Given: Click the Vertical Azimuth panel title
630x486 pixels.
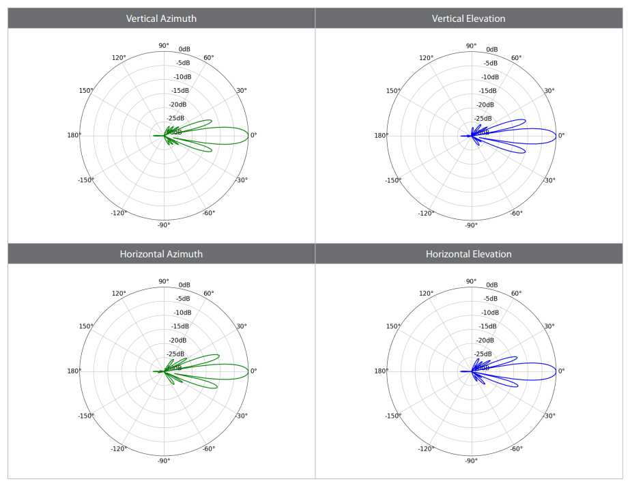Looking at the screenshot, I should coord(161,18).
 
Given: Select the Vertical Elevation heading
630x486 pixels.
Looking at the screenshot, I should coord(469,18).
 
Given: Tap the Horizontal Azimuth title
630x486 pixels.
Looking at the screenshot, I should coord(161,254).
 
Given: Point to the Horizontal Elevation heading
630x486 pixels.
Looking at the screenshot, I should coord(469,254).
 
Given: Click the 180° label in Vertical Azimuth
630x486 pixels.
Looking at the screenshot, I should coord(74,135).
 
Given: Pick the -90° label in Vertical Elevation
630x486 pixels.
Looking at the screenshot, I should coord(470,225).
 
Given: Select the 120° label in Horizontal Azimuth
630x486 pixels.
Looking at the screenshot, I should coord(119,294).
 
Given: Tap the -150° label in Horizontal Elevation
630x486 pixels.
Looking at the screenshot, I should coord(392,415).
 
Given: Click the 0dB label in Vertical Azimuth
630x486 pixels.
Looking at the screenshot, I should coord(185,49).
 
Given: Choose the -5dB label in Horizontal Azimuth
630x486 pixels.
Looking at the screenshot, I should coord(183,299).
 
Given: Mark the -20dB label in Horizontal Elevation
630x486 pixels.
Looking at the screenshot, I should coord(487,340).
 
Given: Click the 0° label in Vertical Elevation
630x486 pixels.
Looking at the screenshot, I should coord(562,135).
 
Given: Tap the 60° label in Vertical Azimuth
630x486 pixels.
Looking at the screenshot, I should coord(209,57).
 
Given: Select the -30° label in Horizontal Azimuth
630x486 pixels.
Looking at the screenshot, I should coord(242,416).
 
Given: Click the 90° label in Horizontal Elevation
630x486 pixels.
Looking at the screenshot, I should coord(471,281).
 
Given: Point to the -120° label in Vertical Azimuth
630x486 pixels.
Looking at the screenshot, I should coord(119,213).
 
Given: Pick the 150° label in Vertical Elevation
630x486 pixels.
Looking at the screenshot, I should coord(392,91).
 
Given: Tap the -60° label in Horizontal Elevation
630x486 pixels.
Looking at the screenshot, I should coord(516,448).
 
